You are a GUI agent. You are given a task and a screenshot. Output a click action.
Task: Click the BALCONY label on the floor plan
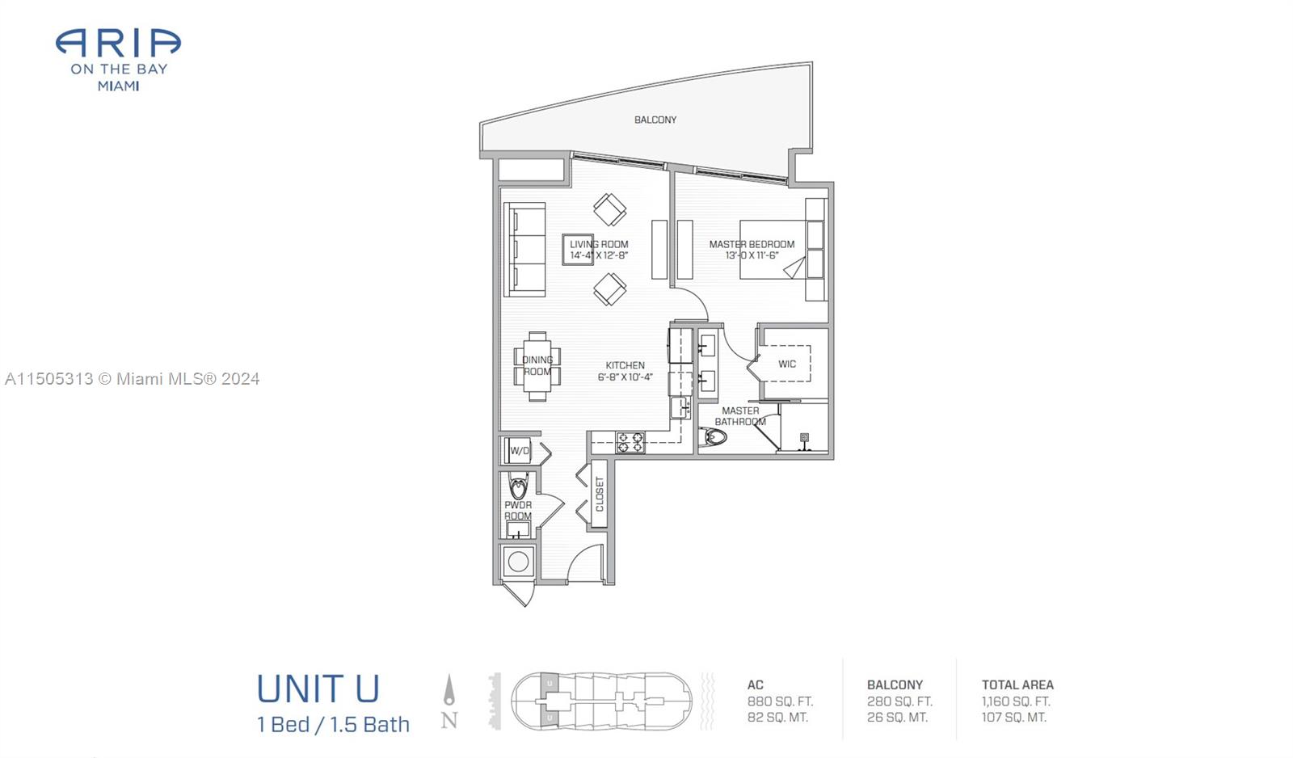[655, 120]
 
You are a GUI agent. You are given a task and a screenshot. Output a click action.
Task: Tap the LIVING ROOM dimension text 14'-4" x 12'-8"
[599, 255]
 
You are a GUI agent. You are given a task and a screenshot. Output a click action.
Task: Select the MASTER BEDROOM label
[752, 244]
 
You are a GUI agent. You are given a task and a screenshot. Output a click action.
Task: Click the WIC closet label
[787, 364]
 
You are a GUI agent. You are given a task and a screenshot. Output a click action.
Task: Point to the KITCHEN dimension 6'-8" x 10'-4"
[625, 377]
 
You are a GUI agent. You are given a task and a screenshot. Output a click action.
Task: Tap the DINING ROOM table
[537, 366]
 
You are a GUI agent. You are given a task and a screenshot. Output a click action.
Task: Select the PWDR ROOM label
[518, 510]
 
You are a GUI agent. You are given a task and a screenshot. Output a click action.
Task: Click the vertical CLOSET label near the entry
[600, 494]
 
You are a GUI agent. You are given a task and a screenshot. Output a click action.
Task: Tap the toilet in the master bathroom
[715, 437]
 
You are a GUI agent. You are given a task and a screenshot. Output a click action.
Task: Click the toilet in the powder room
[518, 487]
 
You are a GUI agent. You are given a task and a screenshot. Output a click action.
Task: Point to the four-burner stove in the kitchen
[630, 442]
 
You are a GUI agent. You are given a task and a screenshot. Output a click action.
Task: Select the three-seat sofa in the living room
[524, 249]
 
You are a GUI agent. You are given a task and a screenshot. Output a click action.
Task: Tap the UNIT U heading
[318, 689]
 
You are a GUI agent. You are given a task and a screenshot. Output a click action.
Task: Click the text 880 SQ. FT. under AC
[780, 701]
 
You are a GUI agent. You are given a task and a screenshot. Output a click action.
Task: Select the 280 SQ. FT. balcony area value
[899, 701]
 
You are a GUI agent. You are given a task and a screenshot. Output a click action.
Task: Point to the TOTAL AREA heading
[1017, 684]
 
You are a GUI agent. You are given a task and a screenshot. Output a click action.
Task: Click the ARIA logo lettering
[118, 44]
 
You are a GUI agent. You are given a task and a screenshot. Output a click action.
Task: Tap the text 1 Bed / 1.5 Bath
[333, 724]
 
